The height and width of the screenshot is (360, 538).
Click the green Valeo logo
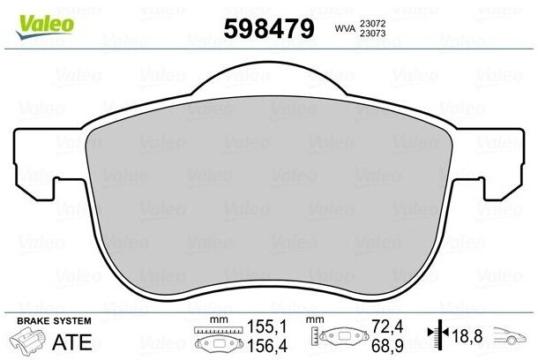(45, 27)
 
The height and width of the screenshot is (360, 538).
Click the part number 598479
(269, 28)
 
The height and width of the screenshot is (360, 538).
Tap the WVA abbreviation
(345, 29)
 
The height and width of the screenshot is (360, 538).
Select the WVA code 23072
(372, 24)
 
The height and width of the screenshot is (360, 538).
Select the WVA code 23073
(372, 34)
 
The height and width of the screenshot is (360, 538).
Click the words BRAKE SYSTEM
(54, 321)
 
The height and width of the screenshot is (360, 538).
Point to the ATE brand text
(72, 342)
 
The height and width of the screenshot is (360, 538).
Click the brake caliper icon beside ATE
(27, 341)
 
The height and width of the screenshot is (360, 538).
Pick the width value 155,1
(266, 326)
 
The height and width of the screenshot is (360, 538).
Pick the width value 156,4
(266, 345)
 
